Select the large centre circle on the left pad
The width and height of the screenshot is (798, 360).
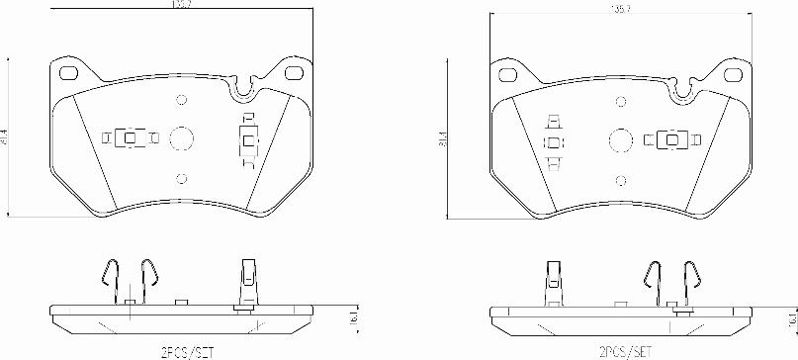(181, 138)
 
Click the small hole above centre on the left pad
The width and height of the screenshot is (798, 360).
(181, 100)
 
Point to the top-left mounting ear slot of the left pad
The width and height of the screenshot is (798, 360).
(68, 73)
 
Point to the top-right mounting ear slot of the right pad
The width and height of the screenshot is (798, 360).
(735, 74)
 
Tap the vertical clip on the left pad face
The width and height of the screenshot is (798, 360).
(247, 139)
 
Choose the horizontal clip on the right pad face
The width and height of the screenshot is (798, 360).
(672, 139)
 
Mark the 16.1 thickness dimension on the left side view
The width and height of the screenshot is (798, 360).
(353, 317)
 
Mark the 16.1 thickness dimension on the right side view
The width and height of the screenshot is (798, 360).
(791, 318)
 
